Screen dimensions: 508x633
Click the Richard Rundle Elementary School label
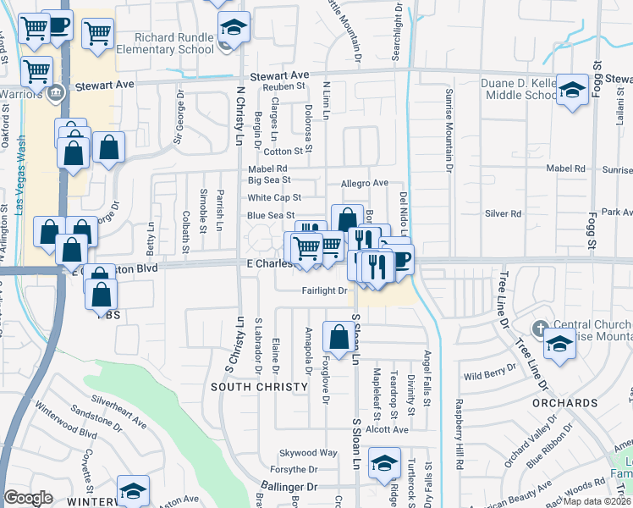[x=174, y=43]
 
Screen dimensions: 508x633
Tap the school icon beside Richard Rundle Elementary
[x=234, y=27]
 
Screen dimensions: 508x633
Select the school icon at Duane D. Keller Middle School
[x=573, y=89]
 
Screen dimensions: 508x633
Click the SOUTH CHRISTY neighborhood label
[x=259, y=387]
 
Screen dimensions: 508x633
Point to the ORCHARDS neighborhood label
[x=564, y=402]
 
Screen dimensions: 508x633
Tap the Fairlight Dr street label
[x=325, y=291]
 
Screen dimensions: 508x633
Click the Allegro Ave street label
[x=364, y=183]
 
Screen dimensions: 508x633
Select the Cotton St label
[x=283, y=152]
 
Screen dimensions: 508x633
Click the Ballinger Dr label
[x=288, y=487]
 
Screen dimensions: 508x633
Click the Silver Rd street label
[x=503, y=214]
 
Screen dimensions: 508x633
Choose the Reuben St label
[x=283, y=86]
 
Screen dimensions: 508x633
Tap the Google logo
[x=28, y=498]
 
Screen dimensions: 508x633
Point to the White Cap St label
[x=274, y=197]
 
